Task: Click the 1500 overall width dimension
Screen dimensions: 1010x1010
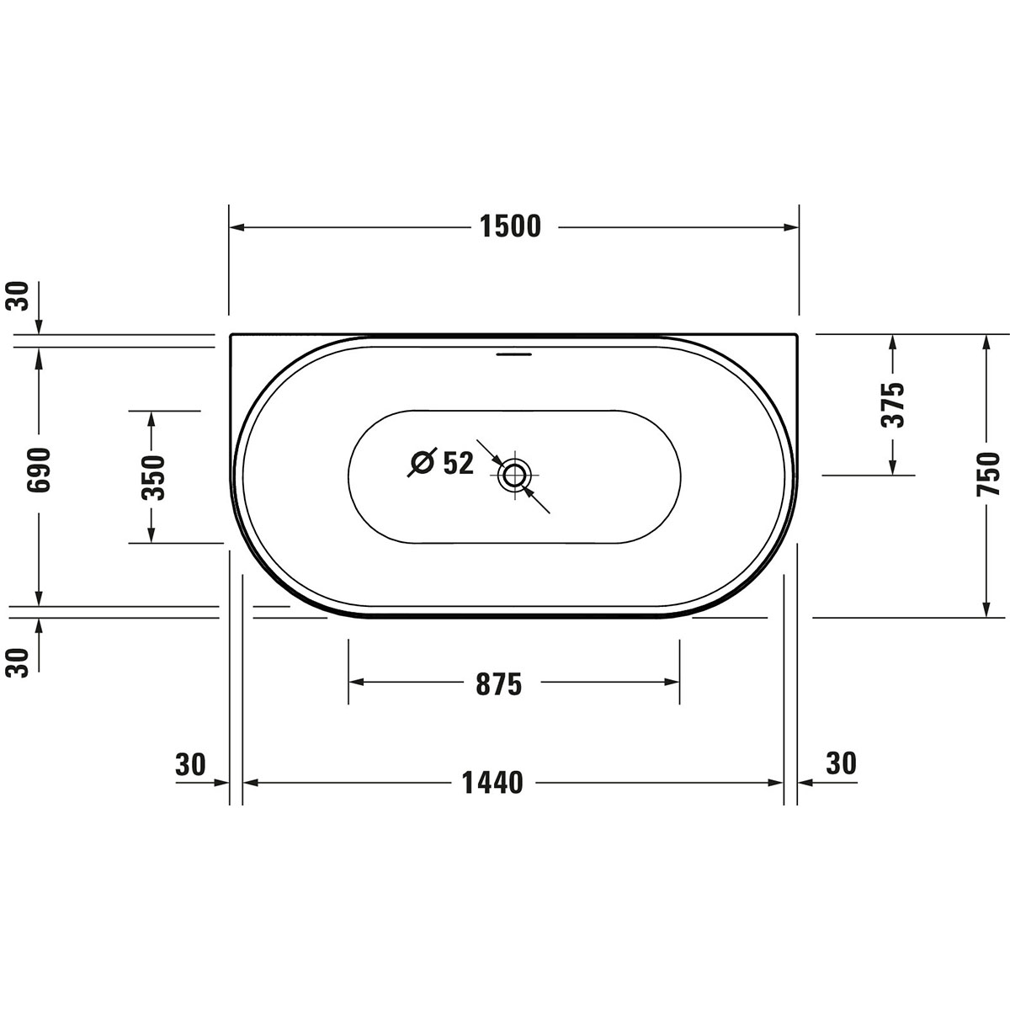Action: [x=511, y=227]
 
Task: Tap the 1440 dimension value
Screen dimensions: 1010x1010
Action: [x=492, y=783]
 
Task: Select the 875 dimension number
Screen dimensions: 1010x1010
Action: [x=499, y=684]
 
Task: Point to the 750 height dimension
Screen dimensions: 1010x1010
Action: [x=988, y=473]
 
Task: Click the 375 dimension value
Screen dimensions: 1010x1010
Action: [x=893, y=405]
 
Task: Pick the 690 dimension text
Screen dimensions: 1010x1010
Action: [x=39, y=470]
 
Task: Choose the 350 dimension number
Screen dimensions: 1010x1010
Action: [x=153, y=477]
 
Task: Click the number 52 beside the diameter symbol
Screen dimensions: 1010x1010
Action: [x=459, y=463]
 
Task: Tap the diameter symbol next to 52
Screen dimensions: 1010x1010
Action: [x=423, y=462]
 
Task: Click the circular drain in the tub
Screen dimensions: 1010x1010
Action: [x=515, y=476]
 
